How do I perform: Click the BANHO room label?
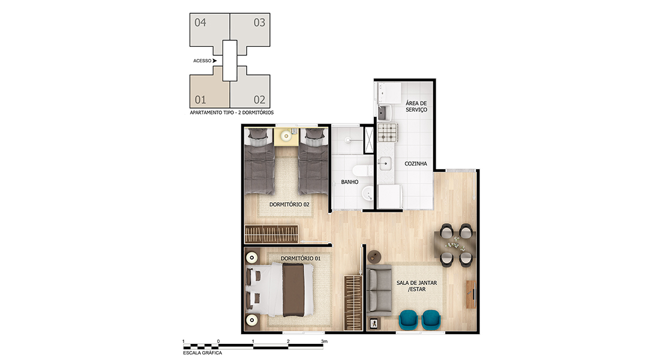coord(350,182)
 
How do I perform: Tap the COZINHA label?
coord(416,163)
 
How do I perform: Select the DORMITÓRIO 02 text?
coord(289,204)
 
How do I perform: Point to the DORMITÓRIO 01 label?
coord(301,258)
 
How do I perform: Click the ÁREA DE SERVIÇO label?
coord(416,106)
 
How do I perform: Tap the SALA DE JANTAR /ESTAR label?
coord(416,286)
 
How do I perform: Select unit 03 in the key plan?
coord(250,30)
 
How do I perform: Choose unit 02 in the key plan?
coord(250,91)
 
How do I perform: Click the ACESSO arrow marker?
coord(214,61)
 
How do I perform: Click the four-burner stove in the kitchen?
coord(387,133)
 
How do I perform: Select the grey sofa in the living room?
coord(379,290)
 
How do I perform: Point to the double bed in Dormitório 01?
coord(280,290)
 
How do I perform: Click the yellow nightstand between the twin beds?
coord(286,137)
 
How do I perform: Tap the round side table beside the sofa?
coord(374,256)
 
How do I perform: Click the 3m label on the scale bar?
coord(324,341)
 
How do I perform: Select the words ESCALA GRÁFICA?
coord(203,353)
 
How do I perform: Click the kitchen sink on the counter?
coord(385,163)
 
